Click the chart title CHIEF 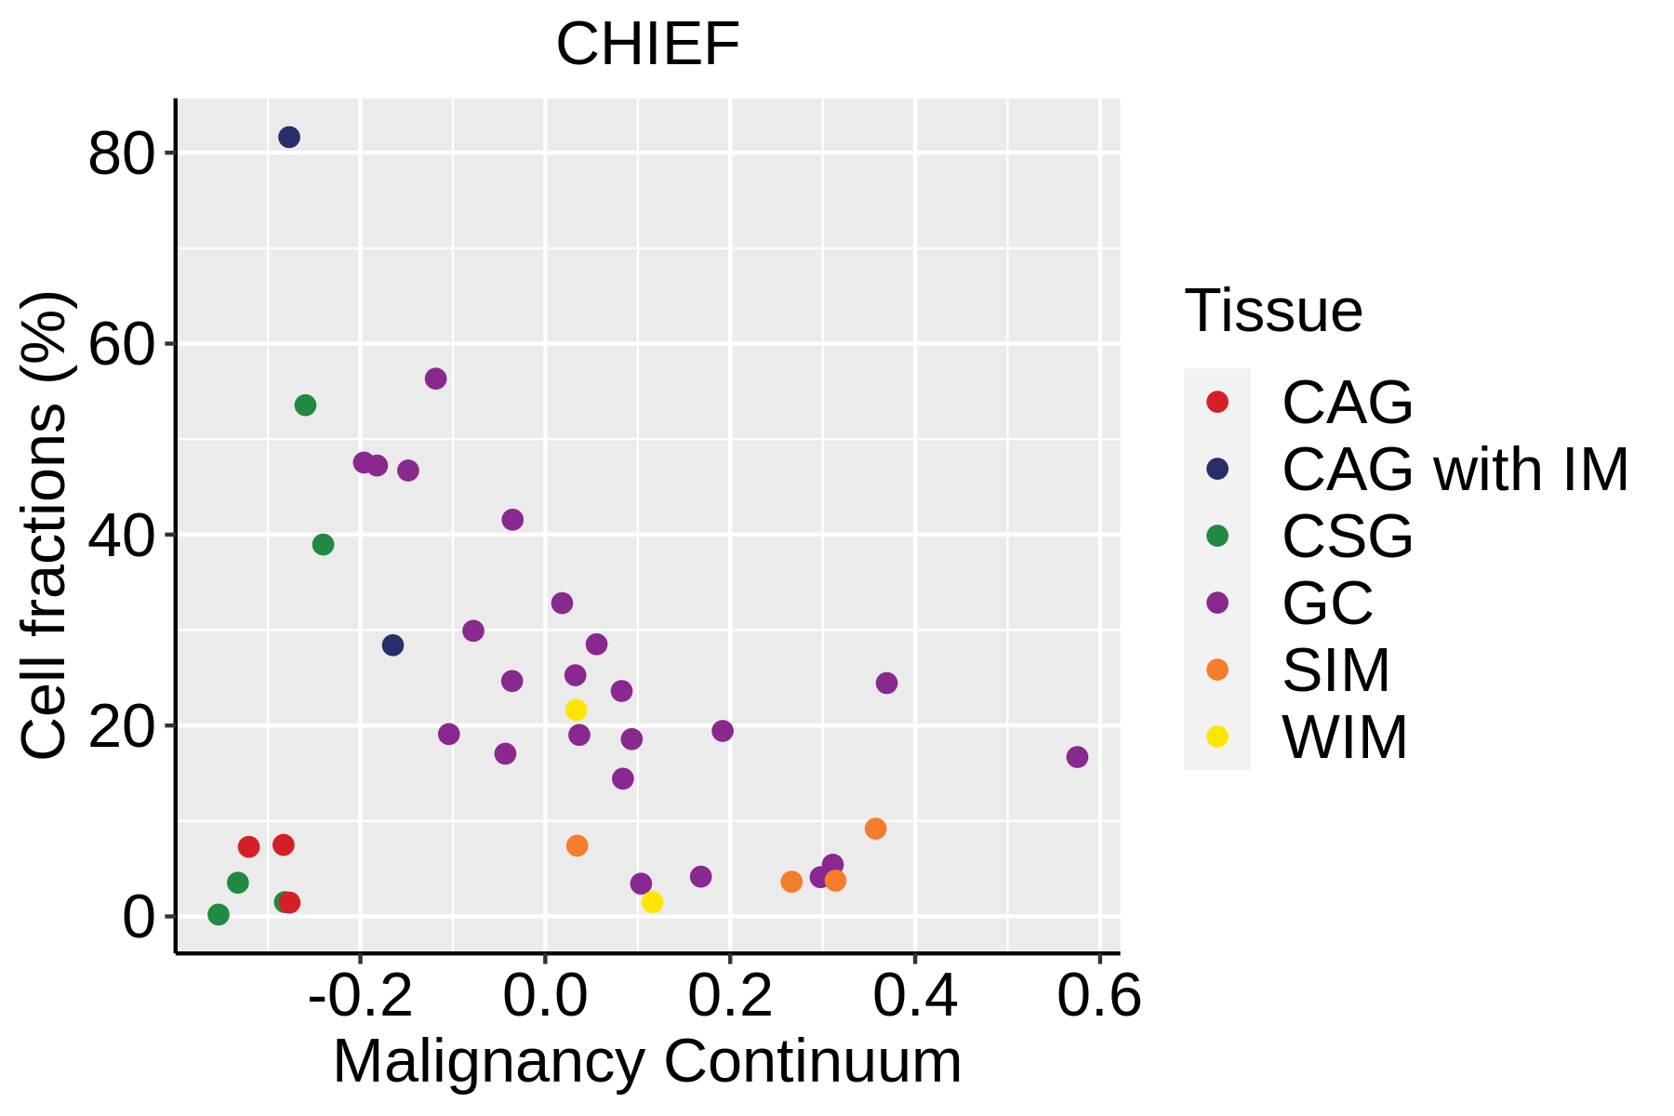pyautogui.click(x=647, y=44)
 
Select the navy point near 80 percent pyautogui.click(x=289, y=138)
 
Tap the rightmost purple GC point pyautogui.click(x=1077, y=757)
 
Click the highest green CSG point pyautogui.click(x=305, y=405)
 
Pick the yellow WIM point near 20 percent pyautogui.click(x=577, y=710)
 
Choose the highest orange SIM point pyautogui.click(x=875, y=829)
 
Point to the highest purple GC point pyautogui.click(x=435, y=379)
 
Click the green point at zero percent pyautogui.click(x=219, y=915)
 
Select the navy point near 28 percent pyautogui.click(x=392, y=645)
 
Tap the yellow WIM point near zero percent pyautogui.click(x=652, y=902)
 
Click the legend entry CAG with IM pyautogui.click(x=1455, y=470)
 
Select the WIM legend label pyautogui.click(x=1344, y=737)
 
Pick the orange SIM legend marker pyautogui.click(x=1216, y=670)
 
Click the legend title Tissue pyautogui.click(x=1273, y=311)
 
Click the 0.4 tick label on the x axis pyautogui.click(x=915, y=998)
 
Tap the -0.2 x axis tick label pyautogui.click(x=360, y=998)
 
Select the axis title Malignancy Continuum pyautogui.click(x=647, y=1062)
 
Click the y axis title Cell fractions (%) pyautogui.click(x=45, y=525)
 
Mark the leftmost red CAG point pyautogui.click(x=248, y=846)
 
